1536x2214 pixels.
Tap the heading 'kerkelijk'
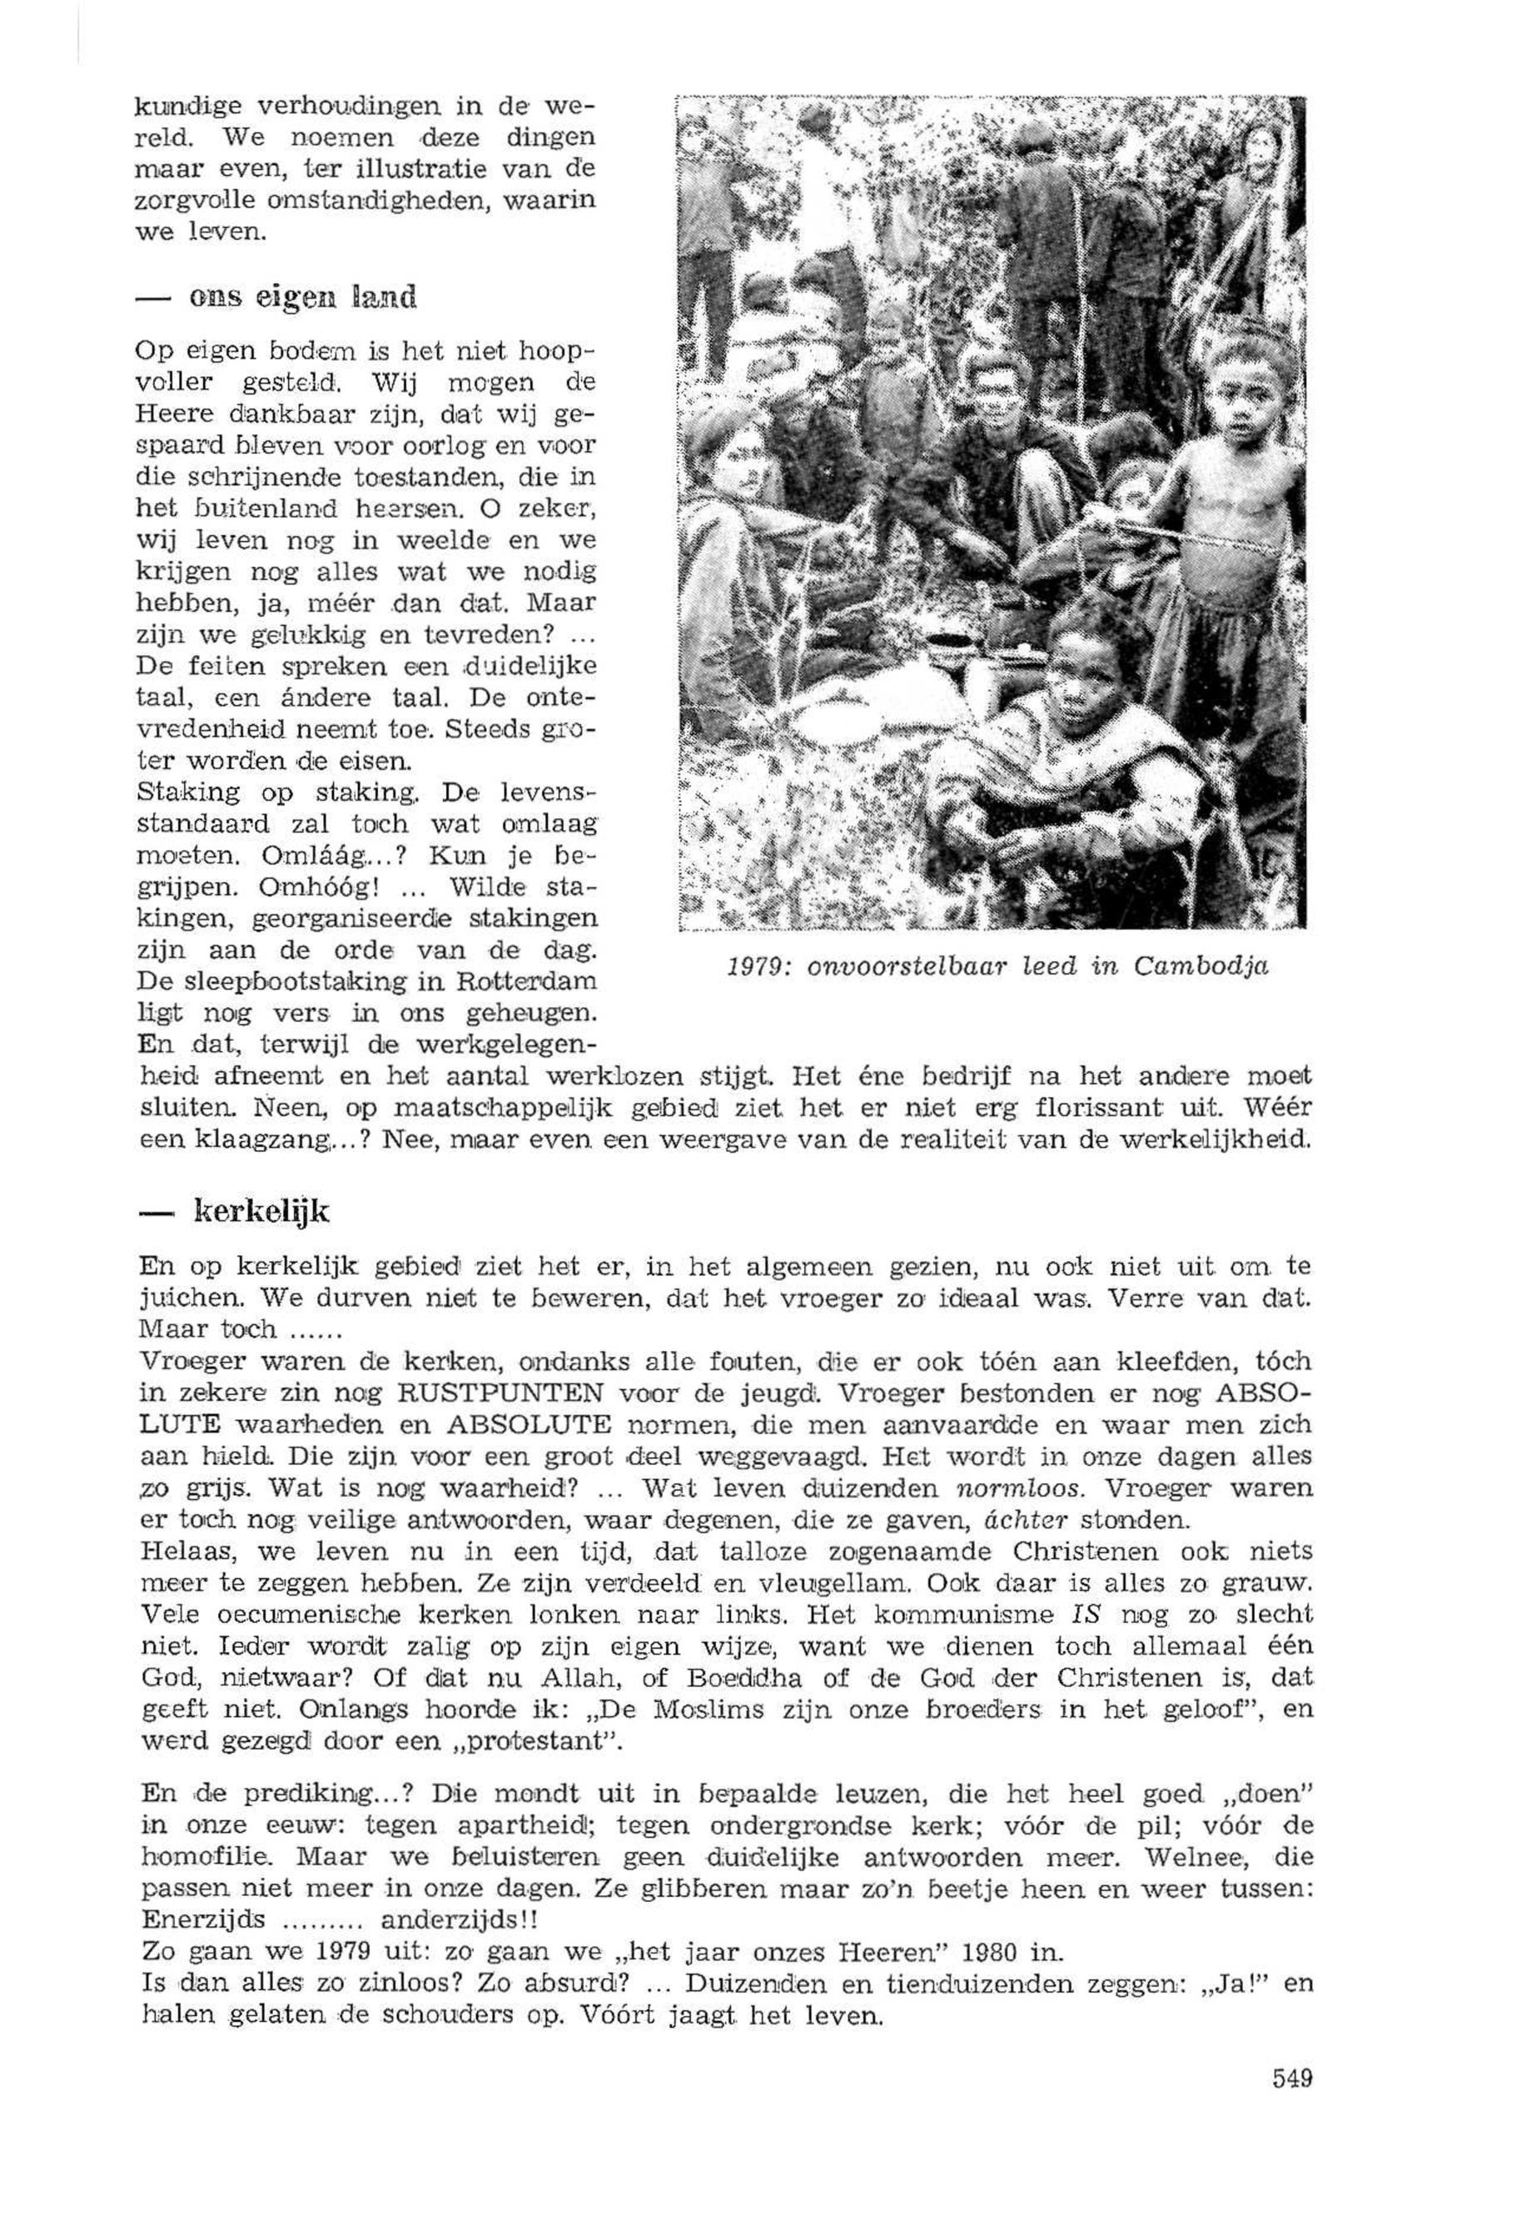[x=261, y=1214]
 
